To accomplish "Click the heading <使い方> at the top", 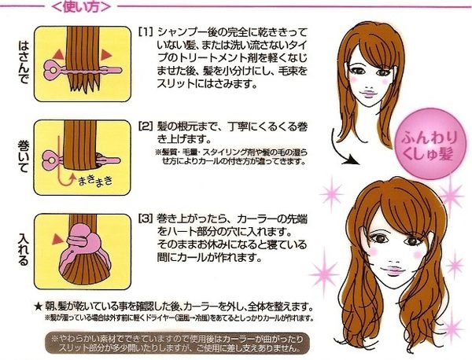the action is tap(81, 6).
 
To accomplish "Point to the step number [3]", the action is tap(146, 219).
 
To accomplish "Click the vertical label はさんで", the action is tap(23, 62).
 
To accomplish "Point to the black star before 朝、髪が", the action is tap(38, 307).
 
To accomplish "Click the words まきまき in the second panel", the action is tap(95, 180).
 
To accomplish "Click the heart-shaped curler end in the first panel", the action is tap(53, 71).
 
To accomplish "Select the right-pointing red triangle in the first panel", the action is tap(106, 55).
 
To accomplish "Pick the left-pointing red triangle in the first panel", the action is tap(59, 55).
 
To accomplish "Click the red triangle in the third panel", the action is tap(57, 239).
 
